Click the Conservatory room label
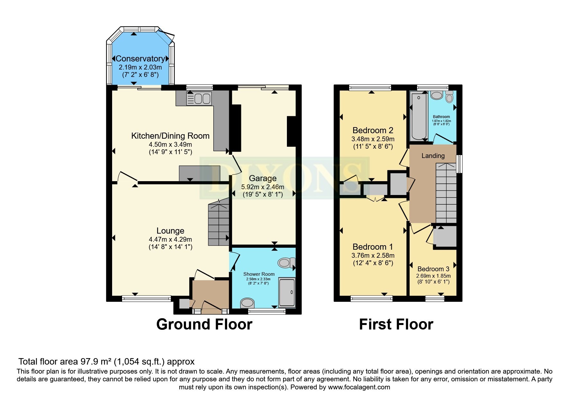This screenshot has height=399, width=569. click(x=140, y=59)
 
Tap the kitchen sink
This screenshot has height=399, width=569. click(x=199, y=99)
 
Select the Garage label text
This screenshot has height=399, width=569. click(x=263, y=178)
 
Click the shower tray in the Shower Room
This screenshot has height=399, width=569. click(x=287, y=292)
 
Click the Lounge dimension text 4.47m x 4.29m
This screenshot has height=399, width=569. click(x=170, y=239)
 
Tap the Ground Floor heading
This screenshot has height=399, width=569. click(x=204, y=324)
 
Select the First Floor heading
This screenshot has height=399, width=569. click(x=396, y=324)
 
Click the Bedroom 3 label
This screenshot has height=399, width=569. click(x=433, y=269)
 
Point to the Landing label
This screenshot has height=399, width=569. click(x=433, y=156)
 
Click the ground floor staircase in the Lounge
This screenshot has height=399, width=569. click(x=219, y=222)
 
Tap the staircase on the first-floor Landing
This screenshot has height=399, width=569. click(x=446, y=193)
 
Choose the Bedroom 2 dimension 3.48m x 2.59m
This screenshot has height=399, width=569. click(x=373, y=139)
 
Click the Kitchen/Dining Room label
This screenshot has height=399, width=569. click(x=170, y=136)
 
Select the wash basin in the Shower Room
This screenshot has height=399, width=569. click(x=247, y=303)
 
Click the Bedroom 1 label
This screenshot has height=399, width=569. click(x=373, y=247)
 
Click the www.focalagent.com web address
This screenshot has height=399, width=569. click(x=359, y=387)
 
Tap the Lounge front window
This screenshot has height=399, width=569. click(x=147, y=299)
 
